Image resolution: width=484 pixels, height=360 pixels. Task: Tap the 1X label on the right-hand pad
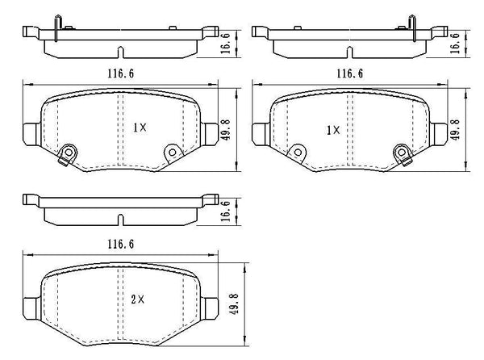coord(332,129)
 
